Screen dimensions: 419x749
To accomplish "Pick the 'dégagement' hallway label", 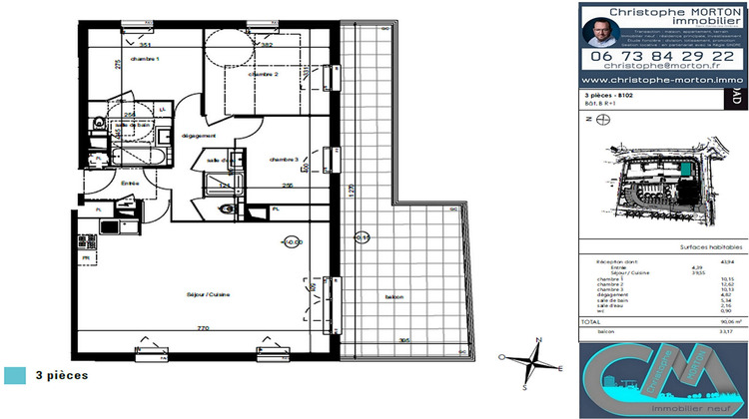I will [x=199, y=136].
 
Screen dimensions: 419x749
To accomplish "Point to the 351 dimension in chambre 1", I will [x=145, y=46].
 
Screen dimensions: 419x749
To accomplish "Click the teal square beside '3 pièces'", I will [x=15, y=375].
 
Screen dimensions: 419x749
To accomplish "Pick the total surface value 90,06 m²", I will [x=722, y=323].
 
